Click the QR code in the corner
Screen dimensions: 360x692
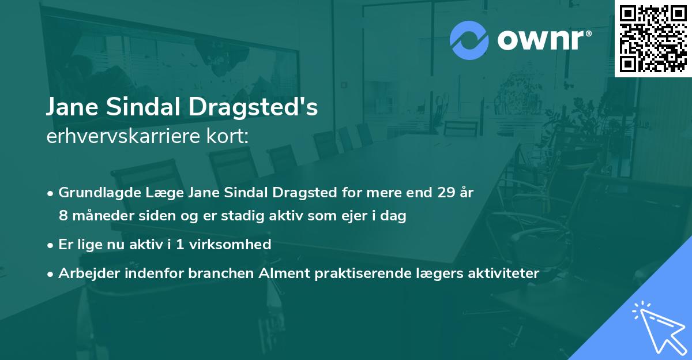tap(653, 38)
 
